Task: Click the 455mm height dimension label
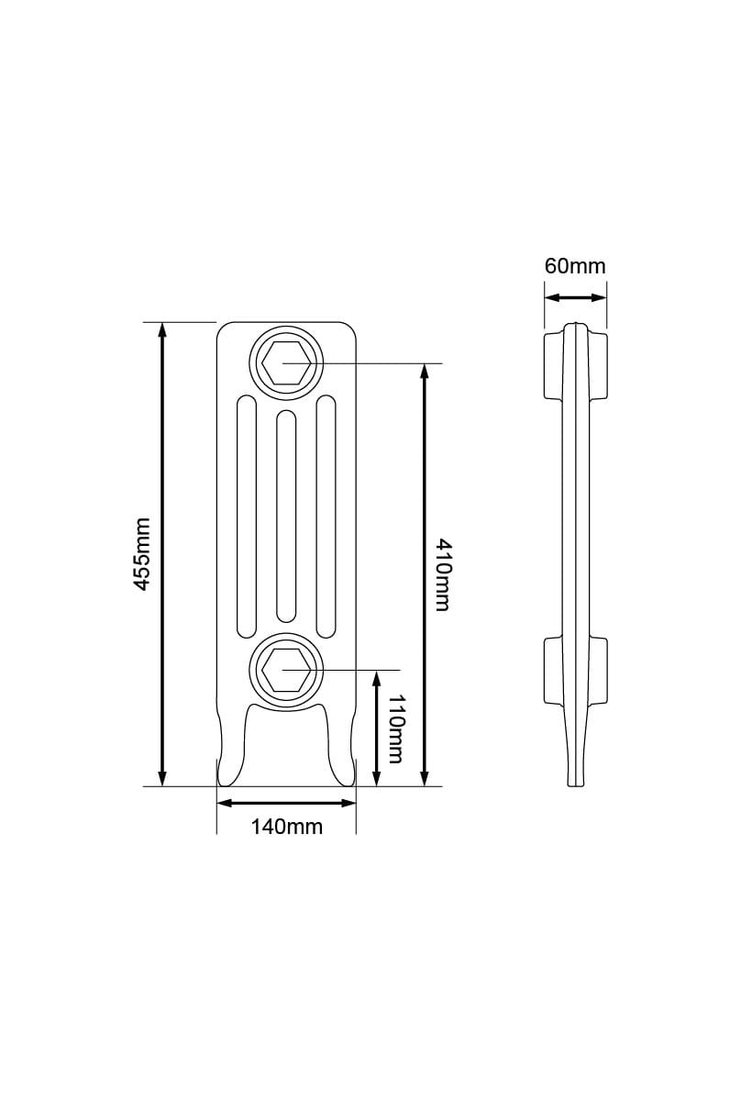click(142, 553)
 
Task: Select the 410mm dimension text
click(441, 575)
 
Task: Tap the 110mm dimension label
click(394, 728)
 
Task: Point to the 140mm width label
click(287, 827)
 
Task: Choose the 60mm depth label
click(575, 266)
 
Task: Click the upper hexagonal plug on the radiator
click(284, 362)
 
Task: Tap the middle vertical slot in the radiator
click(285, 516)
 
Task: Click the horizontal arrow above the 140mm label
click(286, 803)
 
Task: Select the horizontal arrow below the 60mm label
click(575, 296)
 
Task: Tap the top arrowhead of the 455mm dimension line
click(163, 329)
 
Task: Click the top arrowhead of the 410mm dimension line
click(424, 371)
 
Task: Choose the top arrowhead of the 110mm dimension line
click(377, 677)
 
